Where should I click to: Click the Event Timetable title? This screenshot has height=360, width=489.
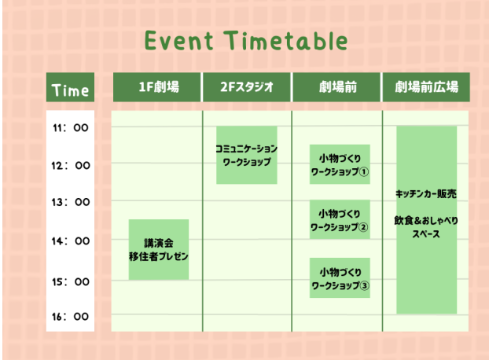(x=246, y=41)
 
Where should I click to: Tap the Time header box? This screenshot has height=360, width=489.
(x=70, y=87)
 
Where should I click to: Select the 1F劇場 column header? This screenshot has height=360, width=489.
(x=157, y=87)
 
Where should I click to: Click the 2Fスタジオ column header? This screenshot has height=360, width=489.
(x=247, y=87)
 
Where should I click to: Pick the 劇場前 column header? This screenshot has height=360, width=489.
(x=336, y=87)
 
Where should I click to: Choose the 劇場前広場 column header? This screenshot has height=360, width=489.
(x=426, y=87)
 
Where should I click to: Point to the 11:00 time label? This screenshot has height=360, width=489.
(x=71, y=127)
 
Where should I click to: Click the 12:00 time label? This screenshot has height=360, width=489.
(x=71, y=165)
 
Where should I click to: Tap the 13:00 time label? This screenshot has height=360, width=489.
(x=71, y=202)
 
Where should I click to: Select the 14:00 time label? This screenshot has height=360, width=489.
(x=71, y=241)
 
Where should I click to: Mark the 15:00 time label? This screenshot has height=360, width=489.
(x=71, y=281)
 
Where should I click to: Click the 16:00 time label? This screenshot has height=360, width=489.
(x=71, y=317)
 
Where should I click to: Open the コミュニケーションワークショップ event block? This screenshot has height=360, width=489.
(x=247, y=155)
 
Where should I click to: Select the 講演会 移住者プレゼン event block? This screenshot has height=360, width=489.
(x=159, y=249)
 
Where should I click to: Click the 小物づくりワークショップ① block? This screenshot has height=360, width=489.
(x=340, y=164)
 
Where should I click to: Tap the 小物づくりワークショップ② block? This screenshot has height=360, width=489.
(x=340, y=219)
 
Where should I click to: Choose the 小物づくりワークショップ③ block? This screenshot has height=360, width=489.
(x=340, y=277)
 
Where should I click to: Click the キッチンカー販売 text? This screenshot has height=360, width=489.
(x=426, y=194)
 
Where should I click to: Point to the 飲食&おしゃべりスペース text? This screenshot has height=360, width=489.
(x=426, y=227)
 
